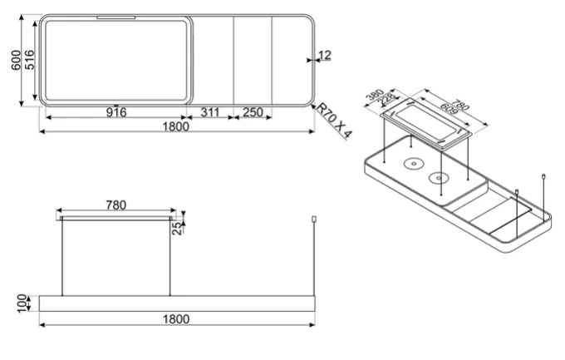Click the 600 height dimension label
click(16, 60)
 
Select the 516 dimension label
click(29, 60)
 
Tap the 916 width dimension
click(116, 112)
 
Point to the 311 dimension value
click(209, 112)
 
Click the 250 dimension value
click(253, 112)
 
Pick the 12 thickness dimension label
click(325, 55)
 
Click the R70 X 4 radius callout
click(334, 121)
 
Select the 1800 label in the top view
click(175, 126)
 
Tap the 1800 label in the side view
click(175, 319)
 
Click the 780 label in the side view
click(116, 205)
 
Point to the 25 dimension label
click(178, 229)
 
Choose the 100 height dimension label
click(22, 303)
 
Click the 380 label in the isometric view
click(375, 95)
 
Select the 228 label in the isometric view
click(386, 100)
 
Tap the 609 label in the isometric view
click(449, 109)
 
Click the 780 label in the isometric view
click(460, 105)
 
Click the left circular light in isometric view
click(413, 164)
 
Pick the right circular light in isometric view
click(439, 177)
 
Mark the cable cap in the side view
click(314, 219)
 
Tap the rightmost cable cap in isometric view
click(543, 176)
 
